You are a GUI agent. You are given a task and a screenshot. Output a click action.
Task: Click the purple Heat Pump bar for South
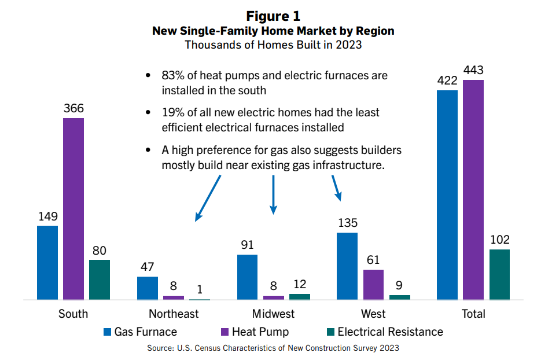(x=73, y=208)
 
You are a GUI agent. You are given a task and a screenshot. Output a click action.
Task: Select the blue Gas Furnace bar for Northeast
(x=147, y=288)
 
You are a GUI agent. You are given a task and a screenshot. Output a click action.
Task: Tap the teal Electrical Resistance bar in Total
(x=499, y=274)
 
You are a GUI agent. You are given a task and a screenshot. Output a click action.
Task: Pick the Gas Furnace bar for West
(x=347, y=266)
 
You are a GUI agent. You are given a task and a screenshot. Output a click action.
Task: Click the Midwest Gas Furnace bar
(x=247, y=277)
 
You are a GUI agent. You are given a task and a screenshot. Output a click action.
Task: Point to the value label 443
(x=473, y=70)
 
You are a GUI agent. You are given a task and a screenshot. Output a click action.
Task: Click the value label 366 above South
(x=73, y=108)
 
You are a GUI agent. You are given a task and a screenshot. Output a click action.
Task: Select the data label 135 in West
(x=347, y=223)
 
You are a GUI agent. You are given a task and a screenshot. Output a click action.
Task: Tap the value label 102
(x=499, y=240)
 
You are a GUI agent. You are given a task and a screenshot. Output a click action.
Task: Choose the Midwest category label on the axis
(x=273, y=314)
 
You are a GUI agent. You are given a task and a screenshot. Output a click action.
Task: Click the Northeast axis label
(x=174, y=314)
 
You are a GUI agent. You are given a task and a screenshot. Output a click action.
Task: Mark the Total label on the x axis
(x=473, y=314)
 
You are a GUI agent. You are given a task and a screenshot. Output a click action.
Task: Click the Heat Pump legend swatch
(x=225, y=332)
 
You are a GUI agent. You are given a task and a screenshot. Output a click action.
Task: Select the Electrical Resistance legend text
(x=390, y=332)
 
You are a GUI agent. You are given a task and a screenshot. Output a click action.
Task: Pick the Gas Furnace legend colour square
(x=107, y=332)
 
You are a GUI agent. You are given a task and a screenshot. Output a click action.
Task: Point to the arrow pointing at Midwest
(x=273, y=194)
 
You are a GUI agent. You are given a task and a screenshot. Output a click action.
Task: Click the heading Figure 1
(x=273, y=15)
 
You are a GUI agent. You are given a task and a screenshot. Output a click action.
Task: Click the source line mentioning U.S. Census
(x=273, y=348)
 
